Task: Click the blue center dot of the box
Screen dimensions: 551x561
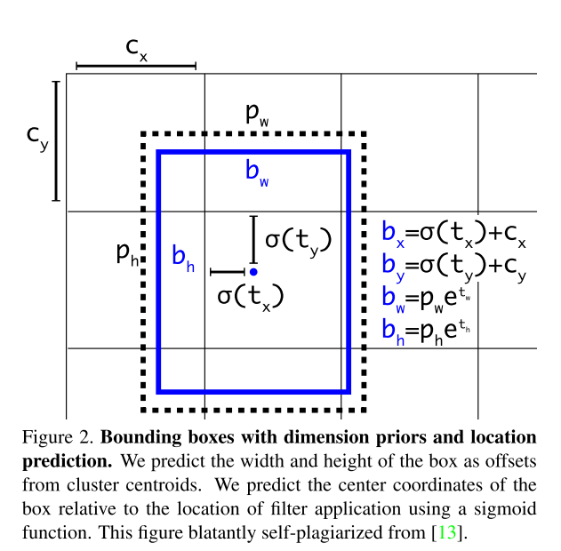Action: click(253, 271)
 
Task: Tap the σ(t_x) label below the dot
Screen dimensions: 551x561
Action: click(250, 295)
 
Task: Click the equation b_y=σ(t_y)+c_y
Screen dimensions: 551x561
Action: click(454, 266)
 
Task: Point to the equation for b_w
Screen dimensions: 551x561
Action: click(426, 299)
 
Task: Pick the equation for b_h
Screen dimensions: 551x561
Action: click(426, 331)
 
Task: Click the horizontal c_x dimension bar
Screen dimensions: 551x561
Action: click(136, 66)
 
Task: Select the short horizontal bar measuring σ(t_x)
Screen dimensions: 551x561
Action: click(228, 272)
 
